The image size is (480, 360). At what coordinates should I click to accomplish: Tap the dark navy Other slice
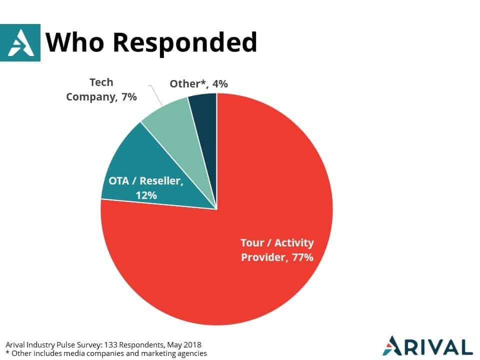point(205,122)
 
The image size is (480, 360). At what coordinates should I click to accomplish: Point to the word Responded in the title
point(185,43)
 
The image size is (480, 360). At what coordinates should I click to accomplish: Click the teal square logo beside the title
point(20,42)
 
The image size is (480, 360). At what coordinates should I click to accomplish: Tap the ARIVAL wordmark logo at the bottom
point(427,346)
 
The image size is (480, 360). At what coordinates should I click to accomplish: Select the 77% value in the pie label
point(302,257)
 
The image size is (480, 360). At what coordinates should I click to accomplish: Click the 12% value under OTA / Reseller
point(146,195)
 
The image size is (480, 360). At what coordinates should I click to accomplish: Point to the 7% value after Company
point(129,96)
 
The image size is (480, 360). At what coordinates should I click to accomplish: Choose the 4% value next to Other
point(220,83)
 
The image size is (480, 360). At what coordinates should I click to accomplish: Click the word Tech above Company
point(101,82)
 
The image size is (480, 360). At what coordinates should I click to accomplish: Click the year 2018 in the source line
point(192,344)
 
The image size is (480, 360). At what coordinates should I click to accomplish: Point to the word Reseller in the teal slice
point(161,180)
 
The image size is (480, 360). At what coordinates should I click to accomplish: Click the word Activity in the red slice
point(294,243)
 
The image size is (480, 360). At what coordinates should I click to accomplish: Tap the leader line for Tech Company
point(156,96)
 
